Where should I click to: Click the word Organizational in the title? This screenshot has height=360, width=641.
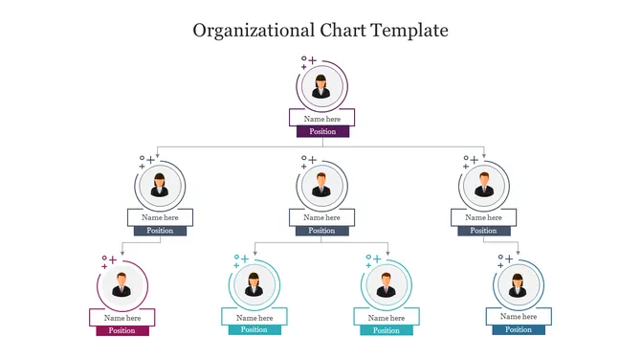(246, 30)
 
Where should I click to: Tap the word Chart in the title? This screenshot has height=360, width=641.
(331, 30)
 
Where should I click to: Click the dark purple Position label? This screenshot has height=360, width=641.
(322, 131)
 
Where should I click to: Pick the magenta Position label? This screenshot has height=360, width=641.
(122, 330)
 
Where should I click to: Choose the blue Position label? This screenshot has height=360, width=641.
(519, 329)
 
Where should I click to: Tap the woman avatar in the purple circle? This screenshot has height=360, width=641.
(322, 85)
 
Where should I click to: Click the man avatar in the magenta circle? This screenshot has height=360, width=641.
(122, 284)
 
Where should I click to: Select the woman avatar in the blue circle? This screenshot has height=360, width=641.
(519, 284)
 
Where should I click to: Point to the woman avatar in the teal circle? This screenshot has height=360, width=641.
(254, 284)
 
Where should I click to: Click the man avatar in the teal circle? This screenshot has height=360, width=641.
(387, 284)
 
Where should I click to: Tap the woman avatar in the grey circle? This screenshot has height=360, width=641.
(160, 184)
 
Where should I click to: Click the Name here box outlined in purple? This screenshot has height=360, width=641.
(322, 118)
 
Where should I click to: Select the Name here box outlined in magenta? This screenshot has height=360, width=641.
(122, 317)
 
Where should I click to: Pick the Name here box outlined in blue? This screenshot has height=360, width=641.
(519, 316)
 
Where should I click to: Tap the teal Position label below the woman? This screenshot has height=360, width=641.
(254, 329)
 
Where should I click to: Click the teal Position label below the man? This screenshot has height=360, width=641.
(387, 329)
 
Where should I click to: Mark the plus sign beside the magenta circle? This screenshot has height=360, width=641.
(112, 259)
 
